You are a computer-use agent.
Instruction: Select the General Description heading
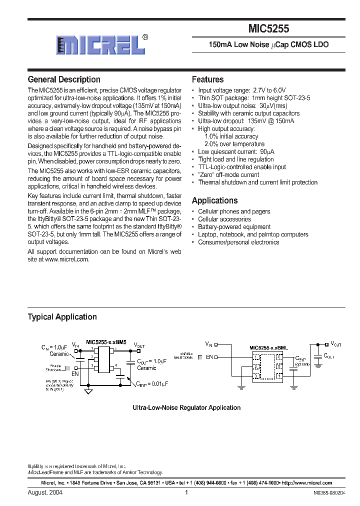[x=64, y=79]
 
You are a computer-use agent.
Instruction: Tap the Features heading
[x=207, y=79]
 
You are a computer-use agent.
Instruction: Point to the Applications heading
[x=214, y=200]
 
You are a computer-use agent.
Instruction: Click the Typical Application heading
[x=62, y=317]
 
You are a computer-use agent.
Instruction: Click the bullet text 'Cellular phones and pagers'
[x=234, y=211]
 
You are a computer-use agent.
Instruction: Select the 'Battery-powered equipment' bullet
[x=234, y=227]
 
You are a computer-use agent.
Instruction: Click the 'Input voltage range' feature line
[x=242, y=90]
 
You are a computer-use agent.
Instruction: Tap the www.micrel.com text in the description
[x=67, y=259]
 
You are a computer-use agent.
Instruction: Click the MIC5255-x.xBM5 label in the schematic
[x=106, y=342]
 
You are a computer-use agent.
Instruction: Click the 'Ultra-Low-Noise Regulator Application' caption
[x=186, y=408]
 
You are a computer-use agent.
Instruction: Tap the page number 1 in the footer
[x=186, y=492]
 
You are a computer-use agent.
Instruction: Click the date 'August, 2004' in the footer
[x=45, y=492]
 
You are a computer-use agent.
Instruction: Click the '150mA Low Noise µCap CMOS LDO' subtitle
[x=268, y=45]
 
